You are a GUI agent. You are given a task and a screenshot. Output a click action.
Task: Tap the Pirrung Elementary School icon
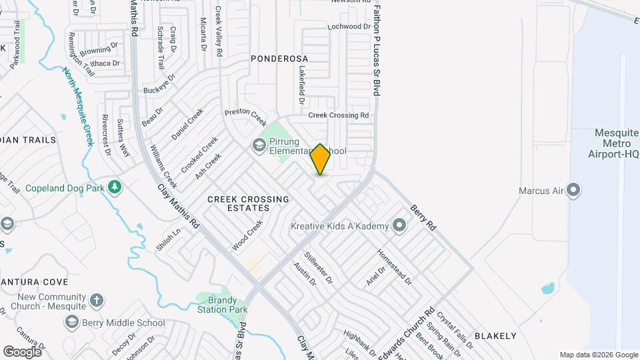pos(258,145)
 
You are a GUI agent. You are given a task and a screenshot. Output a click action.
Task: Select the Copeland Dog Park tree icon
pos(115,187)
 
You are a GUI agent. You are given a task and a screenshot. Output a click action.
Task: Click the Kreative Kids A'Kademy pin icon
pos(399,226)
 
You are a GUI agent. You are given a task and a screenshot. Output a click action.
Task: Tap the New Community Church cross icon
pos(97,300)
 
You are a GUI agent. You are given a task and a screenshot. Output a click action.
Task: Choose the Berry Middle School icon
pos(71,323)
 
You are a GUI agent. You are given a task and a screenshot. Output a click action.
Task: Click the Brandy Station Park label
pos(222,304)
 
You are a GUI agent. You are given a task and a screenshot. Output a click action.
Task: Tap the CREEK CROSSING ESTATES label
pos(248,203)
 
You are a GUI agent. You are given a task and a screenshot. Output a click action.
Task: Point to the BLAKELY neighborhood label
pos(495,336)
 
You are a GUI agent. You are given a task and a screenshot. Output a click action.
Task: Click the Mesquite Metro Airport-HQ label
pos(617,144)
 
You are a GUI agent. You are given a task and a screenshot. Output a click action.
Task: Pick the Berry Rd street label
pos(423,218)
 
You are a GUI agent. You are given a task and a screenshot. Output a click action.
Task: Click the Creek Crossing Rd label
pos(338,115)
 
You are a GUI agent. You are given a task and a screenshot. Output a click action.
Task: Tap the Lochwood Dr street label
pos(349,27)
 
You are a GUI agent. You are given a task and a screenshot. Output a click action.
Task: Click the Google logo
pos(23,351)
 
